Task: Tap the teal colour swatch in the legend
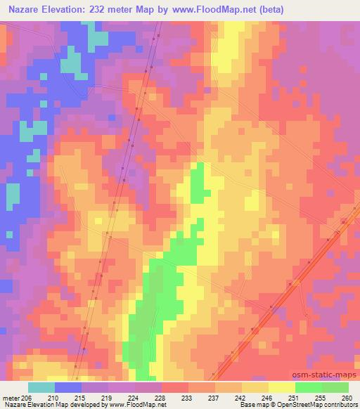[x=41, y=387]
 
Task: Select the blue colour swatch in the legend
[x=68, y=387]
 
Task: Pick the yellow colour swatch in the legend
[x=282, y=387]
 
